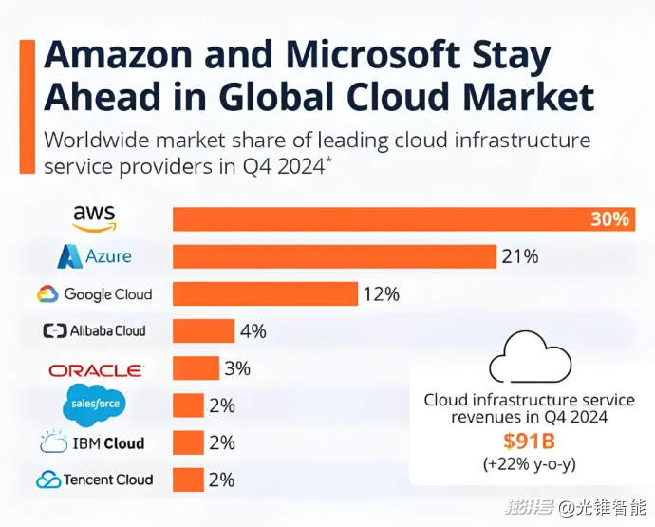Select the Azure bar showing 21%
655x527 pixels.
pyautogui.click(x=334, y=256)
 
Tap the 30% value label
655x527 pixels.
pyautogui.click(x=609, y=219)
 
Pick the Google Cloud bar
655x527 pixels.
pyautogui.click(x=265, y=293)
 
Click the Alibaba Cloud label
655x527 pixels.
pyautogui.click(x=94, y=330)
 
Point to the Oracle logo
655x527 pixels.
pyautogui.click(x=95, y=368)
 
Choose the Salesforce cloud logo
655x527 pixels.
pyautogui.click(x=95, y=405)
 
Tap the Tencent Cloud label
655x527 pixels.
pyautogui.click(x=94, y=480)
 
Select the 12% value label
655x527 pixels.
pyautogui.click(x=381, y=294)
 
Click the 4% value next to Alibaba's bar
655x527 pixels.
pyautogui.click(x=253, y=331)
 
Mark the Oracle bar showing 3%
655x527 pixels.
pyautogui.click(x=196, y=368)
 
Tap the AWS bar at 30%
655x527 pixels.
pyautogui.click(x=380, y=219)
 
